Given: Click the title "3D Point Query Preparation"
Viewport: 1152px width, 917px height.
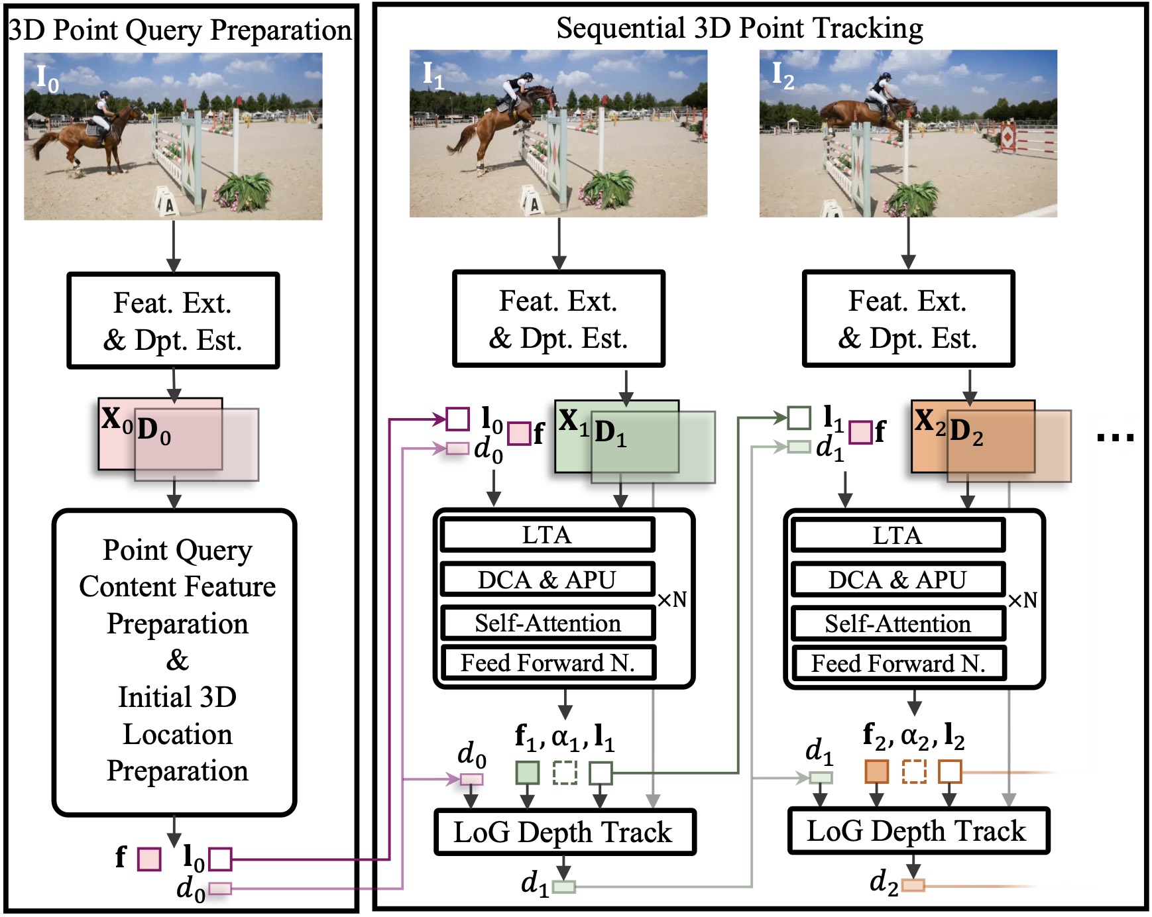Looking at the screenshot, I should point(180,30).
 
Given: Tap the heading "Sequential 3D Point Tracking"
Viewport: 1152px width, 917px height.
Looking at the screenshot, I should point(739,28).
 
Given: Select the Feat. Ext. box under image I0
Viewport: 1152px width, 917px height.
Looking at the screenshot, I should point(173,321).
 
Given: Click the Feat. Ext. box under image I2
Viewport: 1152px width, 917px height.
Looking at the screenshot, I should point(908,319).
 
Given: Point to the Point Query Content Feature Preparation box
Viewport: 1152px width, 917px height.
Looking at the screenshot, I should point(174,662).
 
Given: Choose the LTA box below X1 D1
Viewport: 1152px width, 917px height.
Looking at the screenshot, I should point(547,535).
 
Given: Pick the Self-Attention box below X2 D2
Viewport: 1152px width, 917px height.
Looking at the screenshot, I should point(898,623).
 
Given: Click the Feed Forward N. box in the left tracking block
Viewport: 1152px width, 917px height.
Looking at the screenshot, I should point(548,663).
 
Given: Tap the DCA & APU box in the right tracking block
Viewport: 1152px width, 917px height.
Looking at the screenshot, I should point(898,580).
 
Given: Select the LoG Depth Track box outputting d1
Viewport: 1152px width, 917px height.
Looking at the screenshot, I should point(564,832).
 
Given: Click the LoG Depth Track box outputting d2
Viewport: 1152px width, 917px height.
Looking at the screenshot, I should point(917,831).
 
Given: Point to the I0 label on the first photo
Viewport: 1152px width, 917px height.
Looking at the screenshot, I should point(47,80).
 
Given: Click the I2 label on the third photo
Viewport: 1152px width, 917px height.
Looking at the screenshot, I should point(783,76).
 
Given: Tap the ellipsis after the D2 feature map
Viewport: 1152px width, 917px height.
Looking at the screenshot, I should point(1116,437).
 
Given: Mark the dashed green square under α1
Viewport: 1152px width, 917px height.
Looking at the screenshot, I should point(565,773).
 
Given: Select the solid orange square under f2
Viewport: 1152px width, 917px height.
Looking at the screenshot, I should point(876,772).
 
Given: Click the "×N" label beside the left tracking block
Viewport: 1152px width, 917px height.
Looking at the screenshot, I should point(671,600).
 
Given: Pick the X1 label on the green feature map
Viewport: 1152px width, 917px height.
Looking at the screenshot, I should point(573,421).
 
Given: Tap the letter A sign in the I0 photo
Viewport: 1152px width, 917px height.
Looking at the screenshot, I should point(166,201).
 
